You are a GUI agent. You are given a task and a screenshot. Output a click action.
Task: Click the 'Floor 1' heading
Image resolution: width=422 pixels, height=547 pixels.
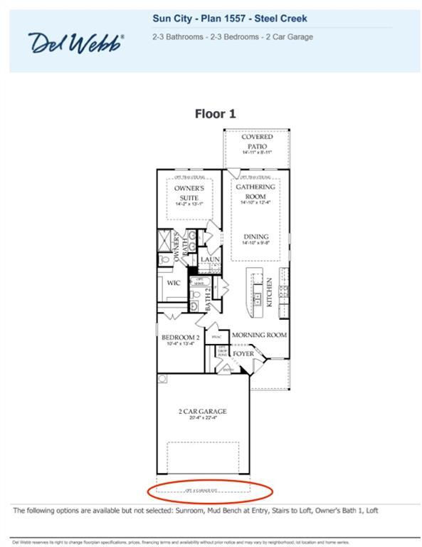215,113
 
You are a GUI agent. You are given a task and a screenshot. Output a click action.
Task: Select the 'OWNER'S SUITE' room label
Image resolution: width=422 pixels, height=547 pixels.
189,193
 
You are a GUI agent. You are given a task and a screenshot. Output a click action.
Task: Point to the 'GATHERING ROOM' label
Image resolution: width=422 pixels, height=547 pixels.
255,191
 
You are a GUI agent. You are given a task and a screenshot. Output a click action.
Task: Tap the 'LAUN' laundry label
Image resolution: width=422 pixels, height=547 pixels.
209,259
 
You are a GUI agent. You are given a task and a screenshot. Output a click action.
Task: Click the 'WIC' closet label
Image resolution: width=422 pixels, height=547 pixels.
174,283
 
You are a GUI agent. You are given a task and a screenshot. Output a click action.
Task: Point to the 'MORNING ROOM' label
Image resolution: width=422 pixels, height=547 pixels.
259,335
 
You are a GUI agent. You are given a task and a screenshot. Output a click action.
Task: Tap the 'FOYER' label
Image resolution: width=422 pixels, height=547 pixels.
243,353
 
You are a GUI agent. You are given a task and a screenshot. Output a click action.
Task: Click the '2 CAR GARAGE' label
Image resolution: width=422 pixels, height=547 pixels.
202,411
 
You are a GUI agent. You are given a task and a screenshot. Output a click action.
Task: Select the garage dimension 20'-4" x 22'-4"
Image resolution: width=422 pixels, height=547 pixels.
202,419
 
